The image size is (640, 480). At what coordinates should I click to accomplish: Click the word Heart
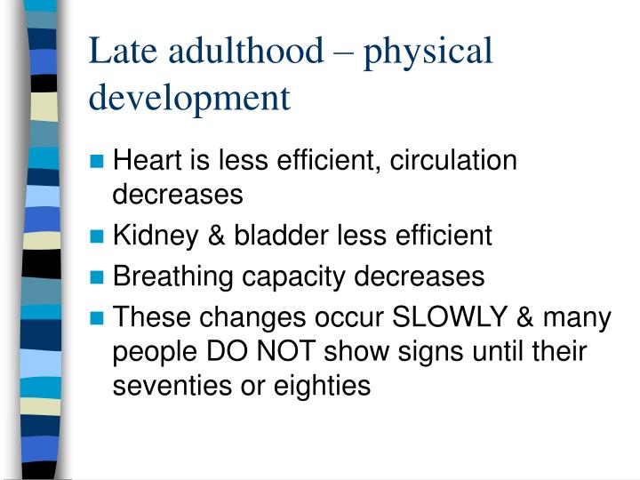[147, 161]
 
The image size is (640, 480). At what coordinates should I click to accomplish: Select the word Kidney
[152, 236]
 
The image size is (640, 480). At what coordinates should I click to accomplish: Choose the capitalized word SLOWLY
[444, 317]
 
